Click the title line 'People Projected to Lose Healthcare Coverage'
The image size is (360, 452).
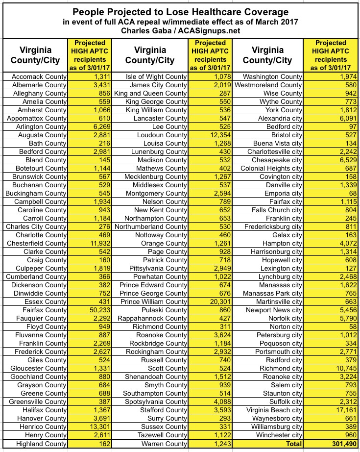click(180, 12)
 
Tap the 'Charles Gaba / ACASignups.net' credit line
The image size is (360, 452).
click(180, 31)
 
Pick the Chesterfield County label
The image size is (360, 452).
click(36, 243)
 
